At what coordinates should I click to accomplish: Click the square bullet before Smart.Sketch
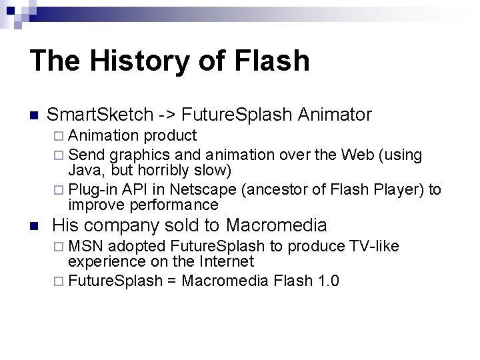point(35,115)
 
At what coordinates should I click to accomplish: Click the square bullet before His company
point(35,225)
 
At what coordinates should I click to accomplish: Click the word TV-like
point(374,247)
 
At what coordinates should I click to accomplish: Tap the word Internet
point(223,261)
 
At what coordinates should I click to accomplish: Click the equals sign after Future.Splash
point(171,281)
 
